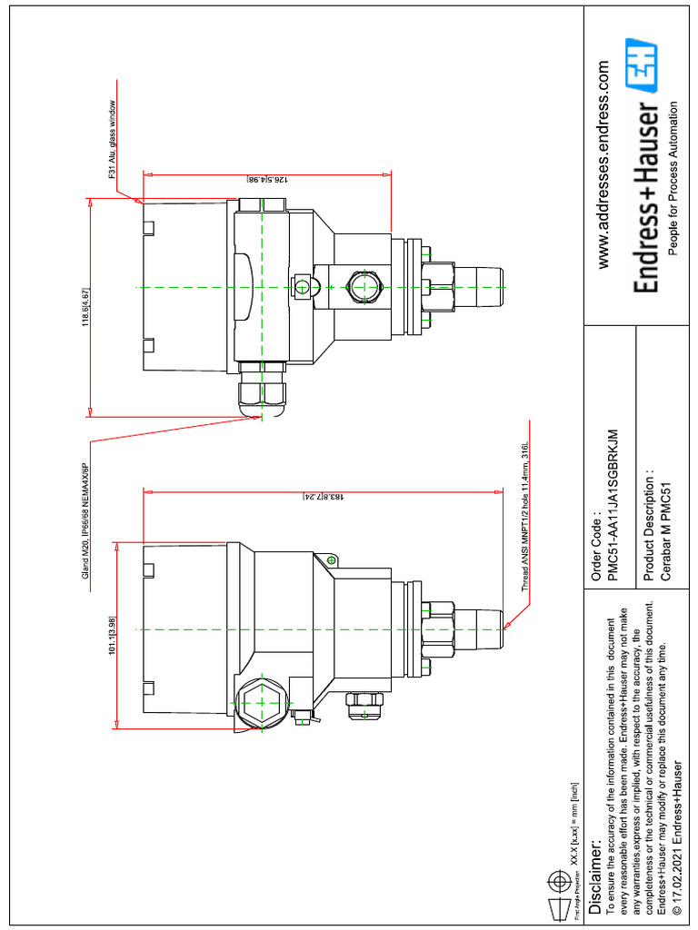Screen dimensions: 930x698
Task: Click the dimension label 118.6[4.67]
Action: pyautogui.click(x=85, y=306)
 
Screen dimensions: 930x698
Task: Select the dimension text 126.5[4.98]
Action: pyautogui.click(x=264, y=180)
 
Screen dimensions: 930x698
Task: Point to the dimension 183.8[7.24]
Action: pyautogui.click(x=323, y=497)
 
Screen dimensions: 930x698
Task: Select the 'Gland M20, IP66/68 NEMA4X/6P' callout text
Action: pyautogui.click(x=85, y=517)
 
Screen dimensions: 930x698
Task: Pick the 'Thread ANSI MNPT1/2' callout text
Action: pyautogui.click(x=524, y=519)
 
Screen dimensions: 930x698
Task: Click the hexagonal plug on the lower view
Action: pyautogui.click(x=257, y=701)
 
